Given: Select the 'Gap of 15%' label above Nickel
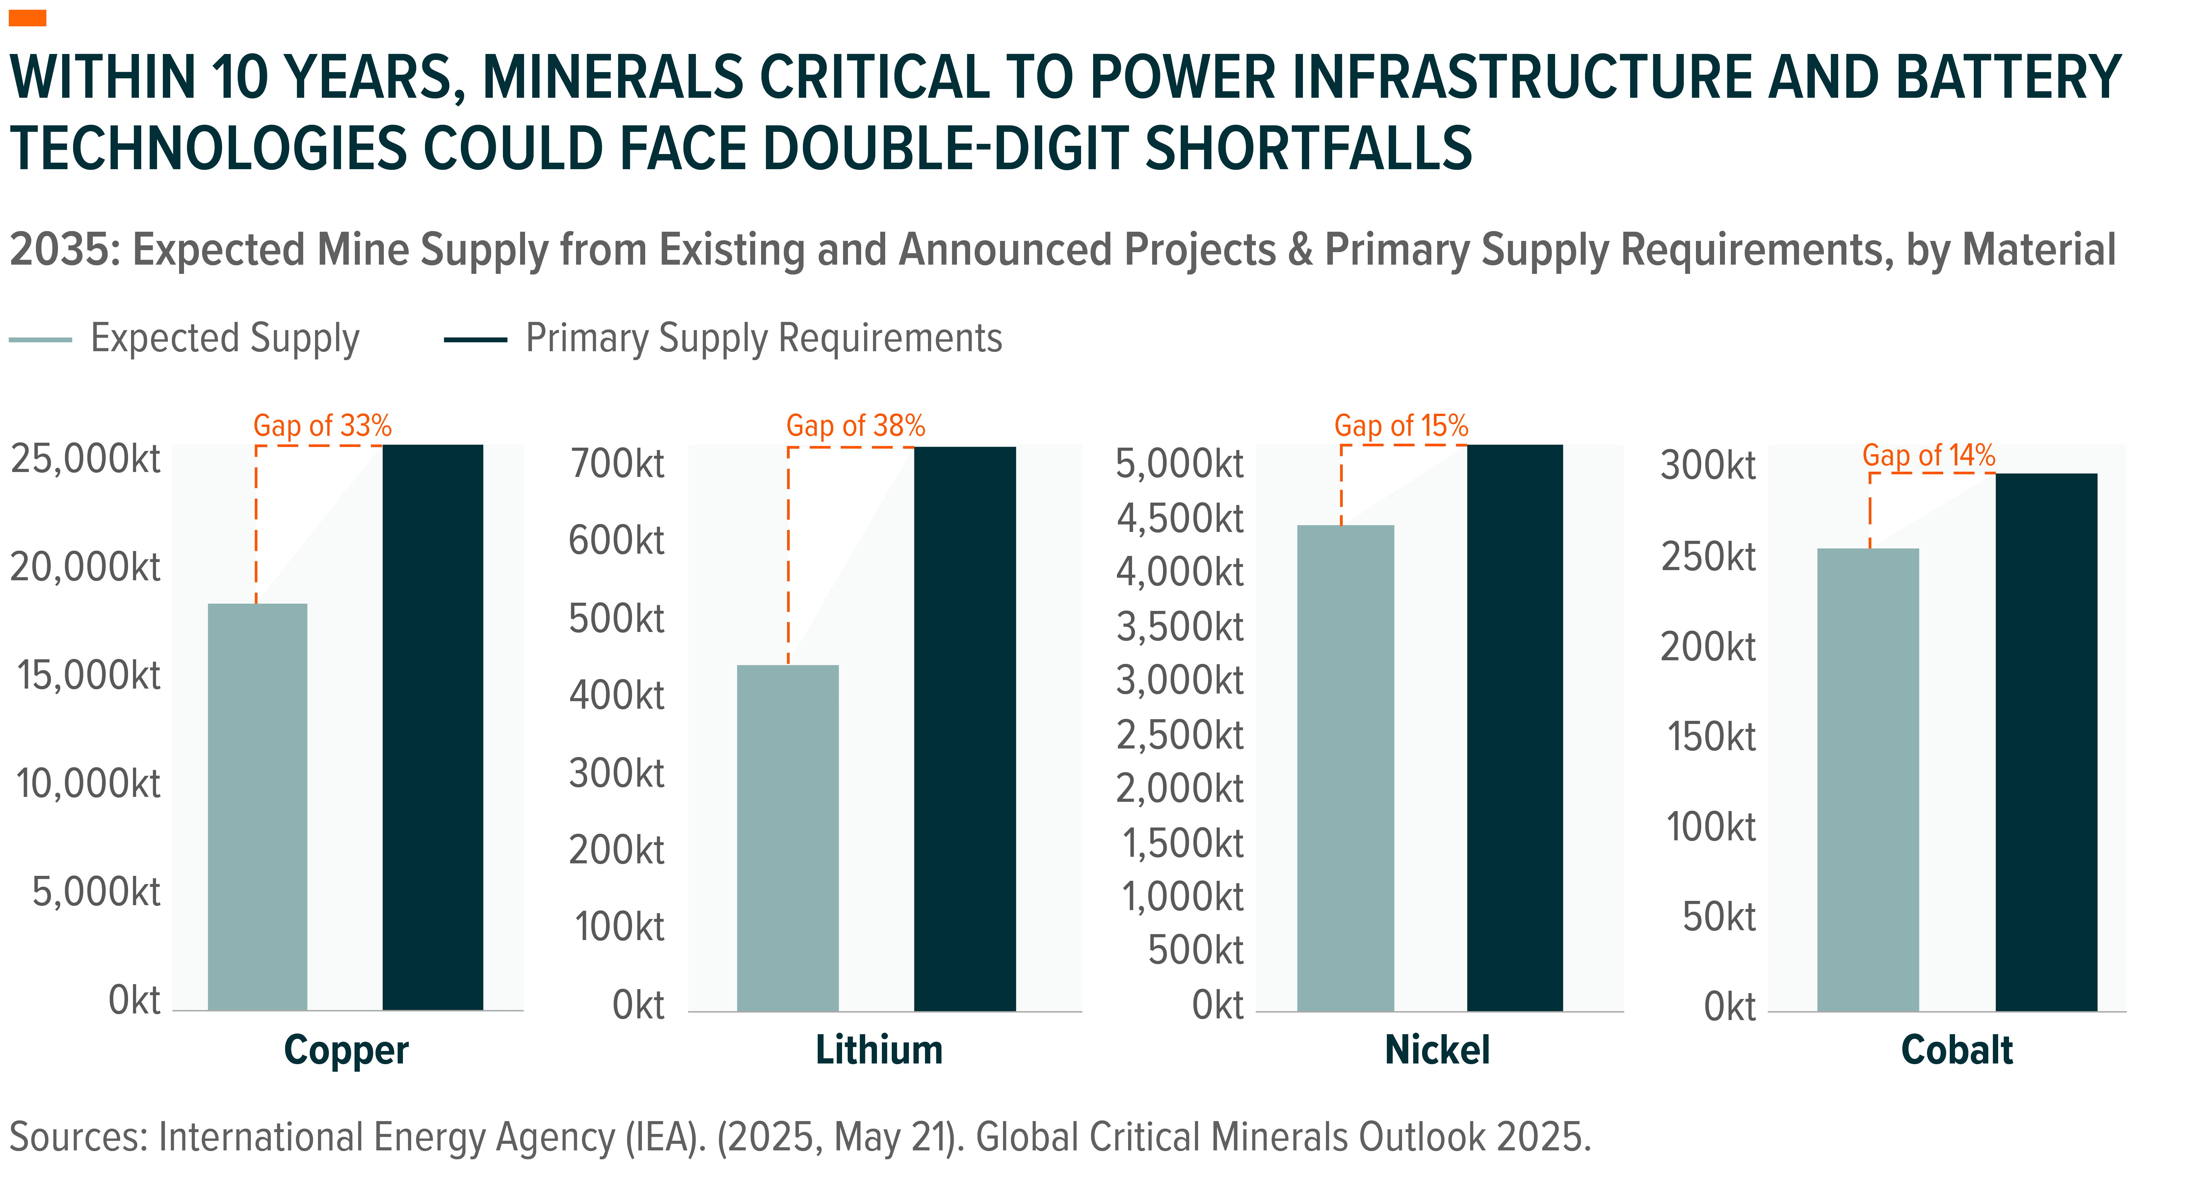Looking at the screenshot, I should pos(1401,425).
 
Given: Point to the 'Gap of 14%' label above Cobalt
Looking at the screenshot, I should pos(1928,455).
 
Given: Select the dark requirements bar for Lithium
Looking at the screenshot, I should pos(965,728).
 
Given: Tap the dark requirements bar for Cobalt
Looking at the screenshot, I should pos(2046,741).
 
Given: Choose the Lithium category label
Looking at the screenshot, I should pos(879,1050).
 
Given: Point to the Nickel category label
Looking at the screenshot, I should pos(1438,1050).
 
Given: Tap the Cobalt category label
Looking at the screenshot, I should pos(1956,1050).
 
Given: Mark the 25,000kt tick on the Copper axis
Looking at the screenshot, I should pos(85,459).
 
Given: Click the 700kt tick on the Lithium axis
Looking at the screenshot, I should pos(617,463).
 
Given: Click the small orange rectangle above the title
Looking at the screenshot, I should pos(27,18).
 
